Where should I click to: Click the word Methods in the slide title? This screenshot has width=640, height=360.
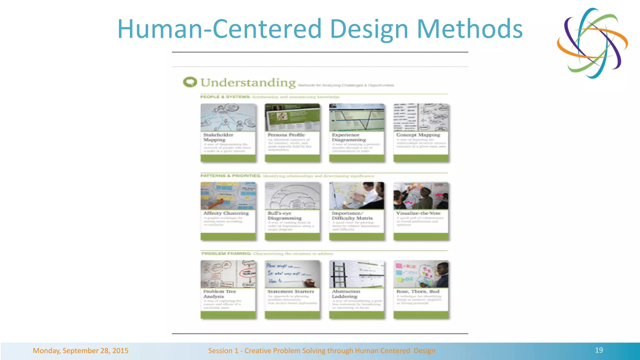(470, 29)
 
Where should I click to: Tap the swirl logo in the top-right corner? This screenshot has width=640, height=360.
(592, 43)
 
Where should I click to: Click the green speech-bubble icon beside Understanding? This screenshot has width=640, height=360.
(190, 82)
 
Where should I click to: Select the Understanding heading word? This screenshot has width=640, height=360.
(248, 83)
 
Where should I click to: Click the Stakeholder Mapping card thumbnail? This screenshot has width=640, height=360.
(228, 117)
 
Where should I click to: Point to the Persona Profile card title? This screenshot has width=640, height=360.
(286, 135)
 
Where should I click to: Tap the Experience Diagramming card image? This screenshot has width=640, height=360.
(357, 117)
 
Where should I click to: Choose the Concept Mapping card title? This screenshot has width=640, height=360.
(418, 135)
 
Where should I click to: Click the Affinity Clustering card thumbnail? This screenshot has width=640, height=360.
(228, 196)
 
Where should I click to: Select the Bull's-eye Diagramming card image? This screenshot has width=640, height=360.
(292, 196)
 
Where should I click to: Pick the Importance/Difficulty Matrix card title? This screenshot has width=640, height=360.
(352, 216)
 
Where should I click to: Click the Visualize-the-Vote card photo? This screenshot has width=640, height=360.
(421, 196)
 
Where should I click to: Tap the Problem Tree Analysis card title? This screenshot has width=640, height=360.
(219, 294)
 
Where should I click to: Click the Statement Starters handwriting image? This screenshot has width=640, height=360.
(292, 274)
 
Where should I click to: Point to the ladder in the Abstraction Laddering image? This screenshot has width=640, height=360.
(339, 274)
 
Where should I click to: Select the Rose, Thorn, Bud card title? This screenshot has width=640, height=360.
(418, 292)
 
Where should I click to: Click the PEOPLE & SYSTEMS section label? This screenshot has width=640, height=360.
(225, 97)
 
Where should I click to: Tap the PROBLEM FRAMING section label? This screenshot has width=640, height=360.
(226, 254)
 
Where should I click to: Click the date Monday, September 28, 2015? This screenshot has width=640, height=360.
(81, 351)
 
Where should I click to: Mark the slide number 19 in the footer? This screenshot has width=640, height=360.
(599, 350)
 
